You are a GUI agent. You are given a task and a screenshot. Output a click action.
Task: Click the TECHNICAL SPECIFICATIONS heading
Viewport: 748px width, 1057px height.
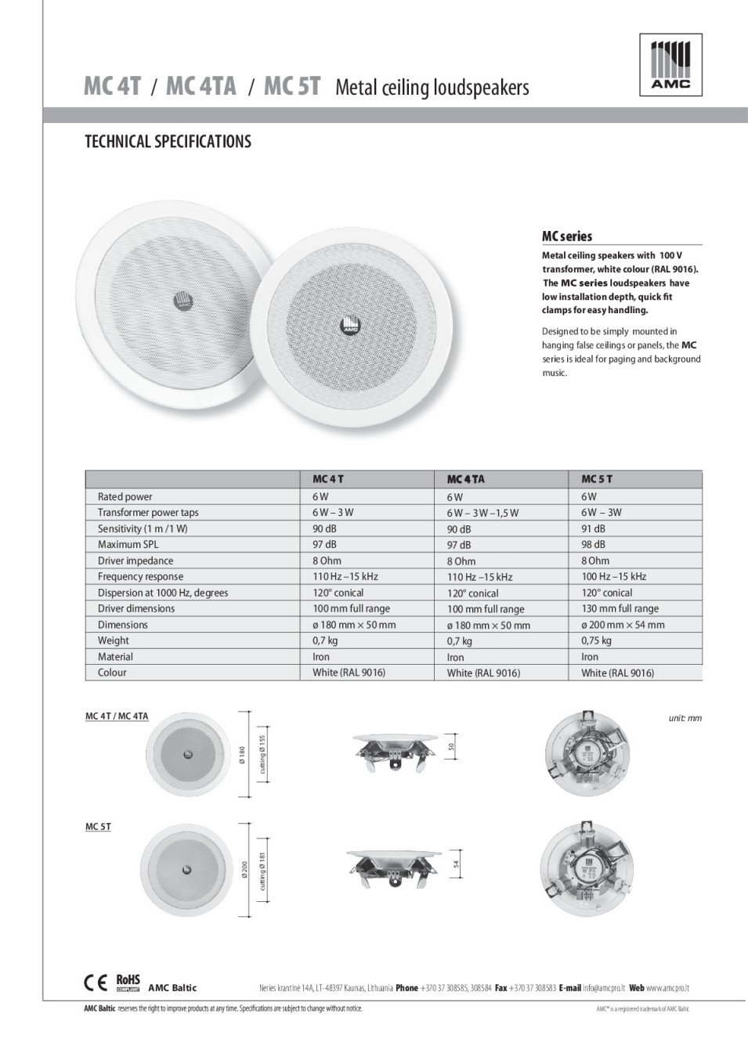[x=168, y=142]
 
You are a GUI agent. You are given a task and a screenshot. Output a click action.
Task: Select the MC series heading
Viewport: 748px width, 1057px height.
[x=567, y=236]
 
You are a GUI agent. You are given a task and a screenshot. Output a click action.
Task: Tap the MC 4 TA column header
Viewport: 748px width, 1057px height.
[x=465, y=479]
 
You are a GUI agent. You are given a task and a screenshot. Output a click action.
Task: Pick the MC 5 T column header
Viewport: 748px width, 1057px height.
[x=597, y=478]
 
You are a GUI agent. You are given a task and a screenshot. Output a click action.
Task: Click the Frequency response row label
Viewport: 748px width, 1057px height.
[x=140, y=576]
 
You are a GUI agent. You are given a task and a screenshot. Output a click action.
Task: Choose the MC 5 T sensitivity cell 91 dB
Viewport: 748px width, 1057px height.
[x=593, y=528]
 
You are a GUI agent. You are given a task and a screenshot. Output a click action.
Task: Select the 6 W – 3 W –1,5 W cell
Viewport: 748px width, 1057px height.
[x=482, y=513]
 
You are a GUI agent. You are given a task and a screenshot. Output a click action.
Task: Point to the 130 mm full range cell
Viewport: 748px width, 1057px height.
[x=620, y=608]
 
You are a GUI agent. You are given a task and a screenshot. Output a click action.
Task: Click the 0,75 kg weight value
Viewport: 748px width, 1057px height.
[x=596, y=640]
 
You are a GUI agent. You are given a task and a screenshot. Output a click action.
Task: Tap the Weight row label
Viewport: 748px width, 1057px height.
[x=114, y=640]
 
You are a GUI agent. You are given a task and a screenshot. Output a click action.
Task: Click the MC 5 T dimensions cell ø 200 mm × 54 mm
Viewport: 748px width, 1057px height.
[x=623, y=625]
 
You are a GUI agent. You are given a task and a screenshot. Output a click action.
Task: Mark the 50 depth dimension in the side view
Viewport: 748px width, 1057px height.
[x=451, y=747]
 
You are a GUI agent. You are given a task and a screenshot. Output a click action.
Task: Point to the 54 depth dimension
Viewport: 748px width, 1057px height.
[x=456, y=864]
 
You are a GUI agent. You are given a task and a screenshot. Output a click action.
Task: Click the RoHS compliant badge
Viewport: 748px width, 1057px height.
[x=128, y=983]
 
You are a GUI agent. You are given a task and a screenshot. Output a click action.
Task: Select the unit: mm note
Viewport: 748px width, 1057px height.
[x=685, y=717]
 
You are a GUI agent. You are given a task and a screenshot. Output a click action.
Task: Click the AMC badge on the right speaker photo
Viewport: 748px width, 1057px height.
[x=348, y=326]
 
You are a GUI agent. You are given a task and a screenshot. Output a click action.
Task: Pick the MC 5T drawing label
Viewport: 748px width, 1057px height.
[x=98, y=827]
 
